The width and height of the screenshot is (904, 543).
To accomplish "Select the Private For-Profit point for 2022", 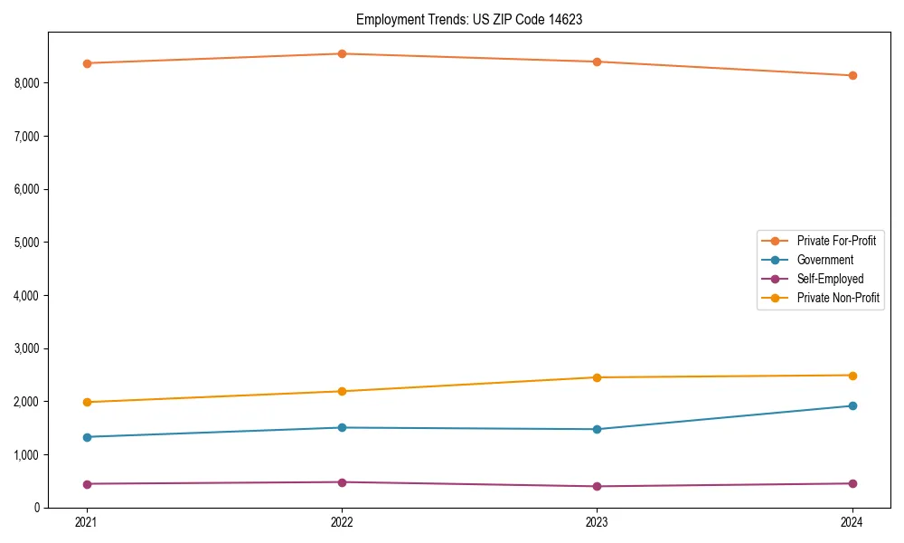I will click(x=342, y=53).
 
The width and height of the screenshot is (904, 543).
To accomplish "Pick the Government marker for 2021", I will click(x=87, y=437).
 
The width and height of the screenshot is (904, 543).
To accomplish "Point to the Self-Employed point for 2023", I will click(x=597, y=486).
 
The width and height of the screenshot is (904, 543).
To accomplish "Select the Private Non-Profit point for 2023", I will click(x=597, y=377).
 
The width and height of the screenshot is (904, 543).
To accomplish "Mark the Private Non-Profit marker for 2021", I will click(x=87, y=402).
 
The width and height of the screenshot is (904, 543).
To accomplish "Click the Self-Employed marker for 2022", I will click(x=342, y=482).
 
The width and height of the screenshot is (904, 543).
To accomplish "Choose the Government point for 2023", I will click(x=597, y=429).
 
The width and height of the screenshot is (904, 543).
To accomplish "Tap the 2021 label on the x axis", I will click(x=87, y=522).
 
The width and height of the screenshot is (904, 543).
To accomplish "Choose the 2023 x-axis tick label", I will click(x=597, y=522).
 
